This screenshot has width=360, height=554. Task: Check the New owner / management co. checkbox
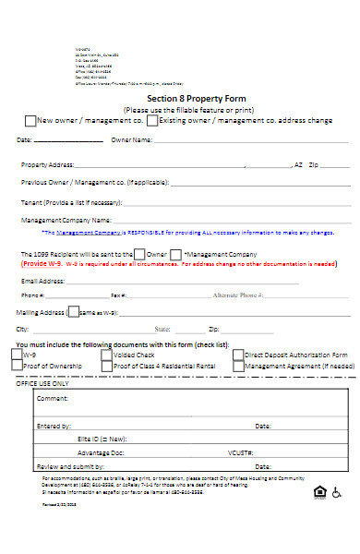(30, 120)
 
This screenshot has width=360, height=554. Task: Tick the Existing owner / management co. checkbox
(153, 120)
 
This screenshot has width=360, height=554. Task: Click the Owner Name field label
(131, 140)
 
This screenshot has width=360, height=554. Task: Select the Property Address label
(47, 164)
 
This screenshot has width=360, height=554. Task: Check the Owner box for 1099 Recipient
(138, 253)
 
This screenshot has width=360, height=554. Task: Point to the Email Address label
(42, 280)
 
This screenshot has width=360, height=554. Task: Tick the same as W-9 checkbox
(75, 312)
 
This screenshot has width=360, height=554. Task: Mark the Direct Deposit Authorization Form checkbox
(238, 354)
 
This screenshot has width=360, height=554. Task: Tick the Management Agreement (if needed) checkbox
(238, 366)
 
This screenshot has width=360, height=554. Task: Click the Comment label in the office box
(53, 399)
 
